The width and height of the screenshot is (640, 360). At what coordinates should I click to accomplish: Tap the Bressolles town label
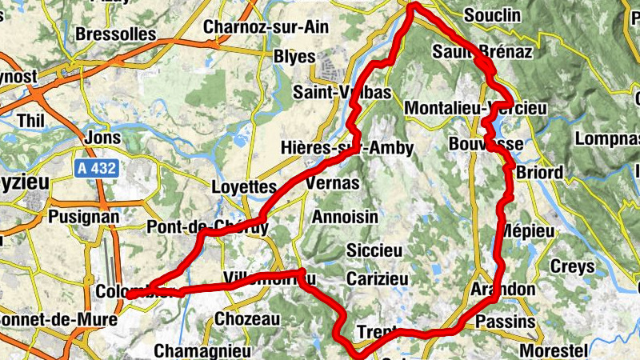coord(116,34)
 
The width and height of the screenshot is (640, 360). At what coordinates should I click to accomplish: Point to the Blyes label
coord(289,58)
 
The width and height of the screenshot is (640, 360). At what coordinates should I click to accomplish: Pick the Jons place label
coord(102,138)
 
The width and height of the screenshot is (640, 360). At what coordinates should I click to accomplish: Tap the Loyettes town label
coord(243,186)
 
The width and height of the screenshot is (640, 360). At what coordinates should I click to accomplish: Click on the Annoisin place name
coord(343,217)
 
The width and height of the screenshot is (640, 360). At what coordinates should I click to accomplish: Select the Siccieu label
coord(374,250)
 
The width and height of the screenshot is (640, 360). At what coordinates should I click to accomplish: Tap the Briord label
coord(540,173)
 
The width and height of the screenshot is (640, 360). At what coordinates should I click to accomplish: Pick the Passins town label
coord(505,322)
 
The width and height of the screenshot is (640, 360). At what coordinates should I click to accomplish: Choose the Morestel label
coord(554,350)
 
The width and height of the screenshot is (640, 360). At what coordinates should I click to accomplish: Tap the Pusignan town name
coord(83,216)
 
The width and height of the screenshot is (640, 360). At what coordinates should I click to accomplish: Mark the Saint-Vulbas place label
coord(342,93)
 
